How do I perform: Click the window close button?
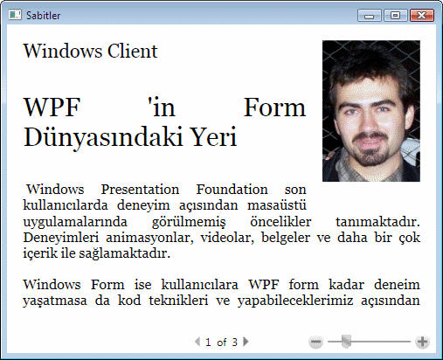coord(422,15)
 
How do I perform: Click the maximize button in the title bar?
coord(395,15)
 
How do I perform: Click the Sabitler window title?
coord(43,16)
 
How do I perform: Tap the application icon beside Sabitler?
coord(15,15)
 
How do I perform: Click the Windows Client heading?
coord(90,51)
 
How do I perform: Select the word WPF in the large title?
coord(52,107)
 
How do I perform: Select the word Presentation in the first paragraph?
coord(140,190)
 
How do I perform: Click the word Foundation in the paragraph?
coord(232,190)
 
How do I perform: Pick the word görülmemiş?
coord(189,223)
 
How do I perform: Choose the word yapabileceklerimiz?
coord(295,301)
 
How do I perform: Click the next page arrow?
coord(246,342)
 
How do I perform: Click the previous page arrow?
coord(197,342)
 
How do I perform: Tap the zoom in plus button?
coord(423,342)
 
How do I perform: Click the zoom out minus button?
coord(315,342)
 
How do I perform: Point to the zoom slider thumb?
coord(346,342)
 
